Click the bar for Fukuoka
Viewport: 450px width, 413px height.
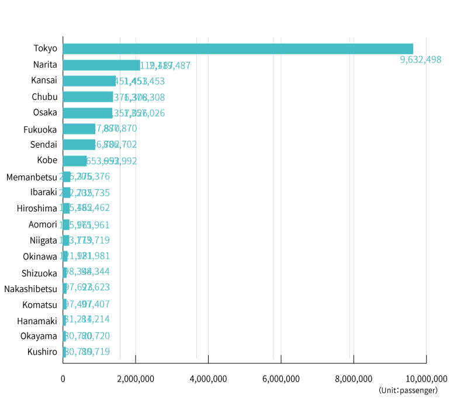click(x=79, y=129)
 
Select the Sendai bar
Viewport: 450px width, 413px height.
click(x=79, y=144)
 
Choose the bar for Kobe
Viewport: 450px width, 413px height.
click(x=75, y=161)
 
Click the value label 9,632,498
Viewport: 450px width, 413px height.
click(x=421, y=60)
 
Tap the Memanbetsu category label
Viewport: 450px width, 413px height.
click(x=30, y=176)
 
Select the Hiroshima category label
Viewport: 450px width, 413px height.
click(x=37, y=209)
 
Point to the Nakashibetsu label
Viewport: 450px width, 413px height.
click(x=30, y=289)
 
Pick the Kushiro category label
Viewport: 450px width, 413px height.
click(x=42, y=352)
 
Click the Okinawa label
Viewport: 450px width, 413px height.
click(x=40, y=256)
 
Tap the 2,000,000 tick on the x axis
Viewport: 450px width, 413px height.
click(x=136, y=379)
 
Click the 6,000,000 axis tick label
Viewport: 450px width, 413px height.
click(x=281, y=379)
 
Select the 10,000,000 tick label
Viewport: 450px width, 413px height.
click(x=426, y=379)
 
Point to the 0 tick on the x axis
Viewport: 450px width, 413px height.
click(x=63, y=379)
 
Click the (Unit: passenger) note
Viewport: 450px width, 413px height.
click(x=408, y=390)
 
